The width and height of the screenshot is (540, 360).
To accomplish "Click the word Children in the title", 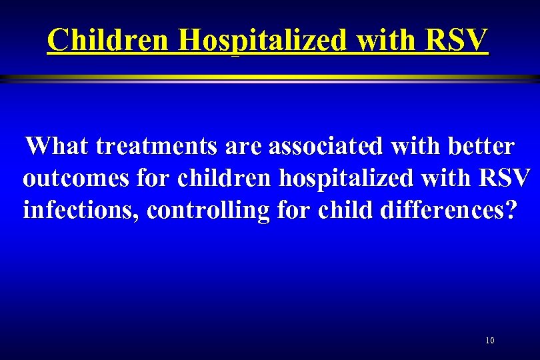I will coord(109,41).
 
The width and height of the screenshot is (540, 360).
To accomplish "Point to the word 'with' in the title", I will coord(382,41).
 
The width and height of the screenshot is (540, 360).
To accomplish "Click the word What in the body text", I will coord(58,145).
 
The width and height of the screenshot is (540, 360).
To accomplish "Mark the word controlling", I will coord(209,211).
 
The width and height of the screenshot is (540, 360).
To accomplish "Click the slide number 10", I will coord(490,341).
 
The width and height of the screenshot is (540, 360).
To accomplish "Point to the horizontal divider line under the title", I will coord(270,79).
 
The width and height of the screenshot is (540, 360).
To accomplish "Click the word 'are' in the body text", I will coord(245,145).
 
